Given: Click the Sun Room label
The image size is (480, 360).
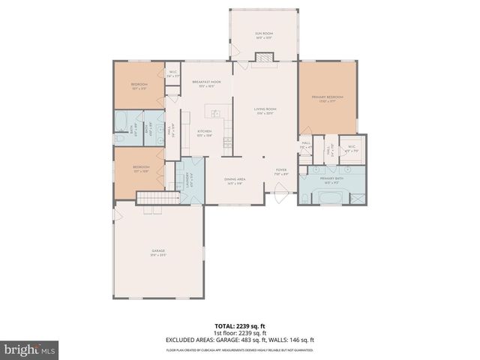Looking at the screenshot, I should tap(263, 34).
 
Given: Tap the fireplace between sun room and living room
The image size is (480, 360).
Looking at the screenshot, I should tap(264, 58).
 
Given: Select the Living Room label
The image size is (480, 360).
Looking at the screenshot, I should tap(265, 112).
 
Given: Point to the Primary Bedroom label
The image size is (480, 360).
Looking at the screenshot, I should tap(327, 99).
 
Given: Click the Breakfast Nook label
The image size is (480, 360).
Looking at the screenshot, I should tap(206, 83).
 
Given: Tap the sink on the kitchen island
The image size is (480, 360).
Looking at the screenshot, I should tap(214, 114).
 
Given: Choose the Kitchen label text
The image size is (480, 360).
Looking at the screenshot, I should tap(204, 133).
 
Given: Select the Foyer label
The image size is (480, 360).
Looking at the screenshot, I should tap(281, 172).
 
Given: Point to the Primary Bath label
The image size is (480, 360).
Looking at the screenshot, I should tap(331, 181).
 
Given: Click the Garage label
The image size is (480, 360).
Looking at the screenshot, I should tap(157, 252).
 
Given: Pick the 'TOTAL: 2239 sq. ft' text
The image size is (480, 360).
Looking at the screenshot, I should tap(240, 326).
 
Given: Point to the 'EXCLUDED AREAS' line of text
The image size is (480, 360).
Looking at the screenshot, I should tap(240, 340).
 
